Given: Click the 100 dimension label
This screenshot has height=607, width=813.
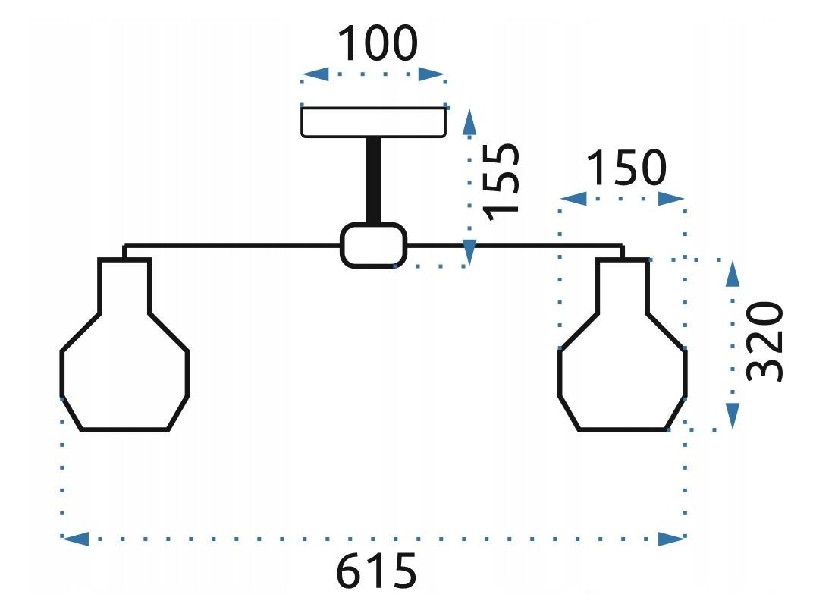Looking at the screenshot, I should click(377, 43).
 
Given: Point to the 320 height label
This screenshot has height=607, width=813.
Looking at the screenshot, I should click(764, 341).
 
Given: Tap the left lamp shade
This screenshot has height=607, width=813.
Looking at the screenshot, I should click(124, 357).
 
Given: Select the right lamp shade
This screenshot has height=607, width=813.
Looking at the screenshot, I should click(623, 357).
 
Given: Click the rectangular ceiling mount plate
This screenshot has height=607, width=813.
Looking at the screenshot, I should click(373, 121).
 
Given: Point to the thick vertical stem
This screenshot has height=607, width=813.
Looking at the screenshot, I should click(374, 180).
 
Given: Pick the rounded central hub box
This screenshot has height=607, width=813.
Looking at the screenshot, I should click(373, 245).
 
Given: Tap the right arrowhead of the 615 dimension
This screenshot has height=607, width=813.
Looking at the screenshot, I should click(672, 539).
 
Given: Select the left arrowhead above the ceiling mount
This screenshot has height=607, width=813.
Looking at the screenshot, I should click(315, 74).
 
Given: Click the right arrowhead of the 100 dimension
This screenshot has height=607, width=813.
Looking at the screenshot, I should click(432, 74).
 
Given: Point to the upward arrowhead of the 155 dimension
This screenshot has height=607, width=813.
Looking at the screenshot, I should click(469, 121).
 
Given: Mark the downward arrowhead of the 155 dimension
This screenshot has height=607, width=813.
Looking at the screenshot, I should click(469, 253).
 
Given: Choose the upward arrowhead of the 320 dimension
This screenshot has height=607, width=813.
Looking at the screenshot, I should click(732, 274).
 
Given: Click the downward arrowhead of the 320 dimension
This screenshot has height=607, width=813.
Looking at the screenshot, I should click(732, 416).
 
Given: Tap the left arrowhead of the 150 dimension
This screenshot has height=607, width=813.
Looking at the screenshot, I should click(573, 199).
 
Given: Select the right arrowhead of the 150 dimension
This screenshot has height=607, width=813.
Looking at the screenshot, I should click(671, 199).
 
